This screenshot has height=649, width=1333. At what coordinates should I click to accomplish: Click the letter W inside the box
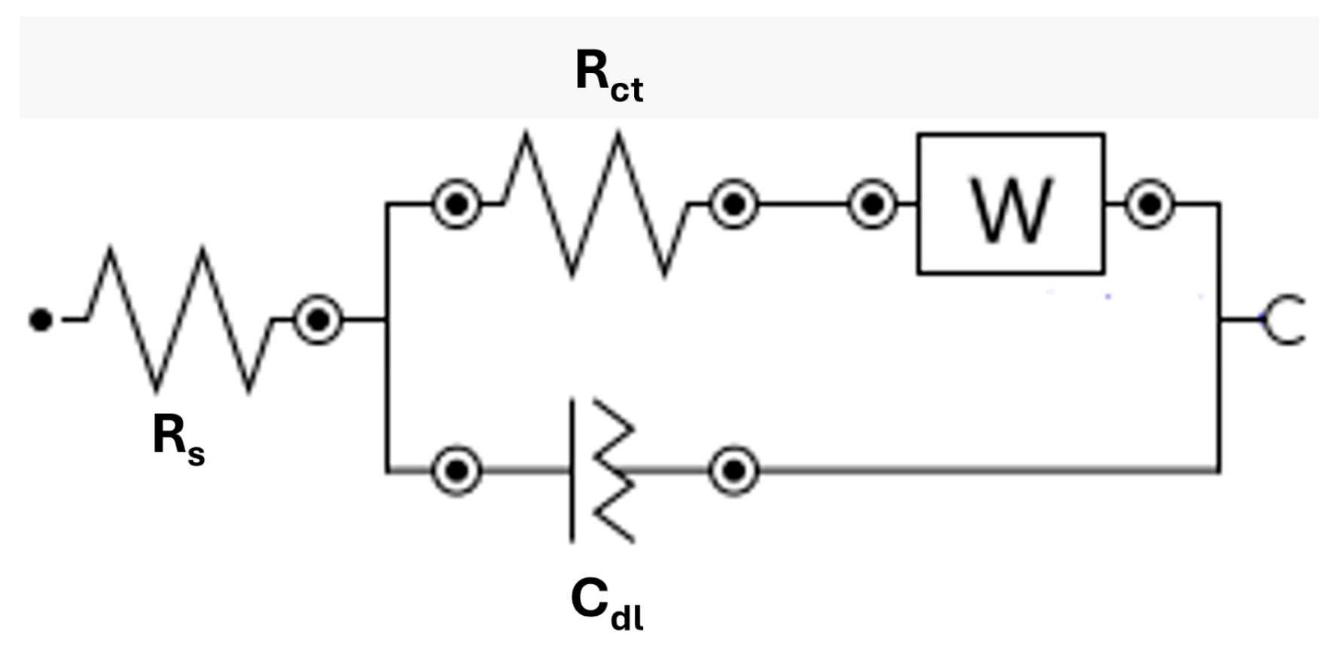point(1011,210)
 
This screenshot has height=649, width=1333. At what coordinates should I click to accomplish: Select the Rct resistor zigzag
point(595,204)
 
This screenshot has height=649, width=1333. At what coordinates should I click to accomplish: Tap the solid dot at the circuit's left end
point(41,319)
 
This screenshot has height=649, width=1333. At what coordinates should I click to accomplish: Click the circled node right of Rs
point(318,320)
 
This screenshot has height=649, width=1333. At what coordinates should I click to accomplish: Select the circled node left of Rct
point(456,204)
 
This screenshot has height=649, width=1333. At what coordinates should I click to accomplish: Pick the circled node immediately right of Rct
point(734,204)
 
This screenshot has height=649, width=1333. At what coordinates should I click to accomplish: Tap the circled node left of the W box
point(872,204)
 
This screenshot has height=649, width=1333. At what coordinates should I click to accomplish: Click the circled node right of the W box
point(1149,204)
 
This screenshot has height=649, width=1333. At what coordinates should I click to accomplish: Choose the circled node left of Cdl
point(456,471)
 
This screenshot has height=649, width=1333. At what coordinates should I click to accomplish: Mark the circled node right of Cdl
point(734,471)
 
